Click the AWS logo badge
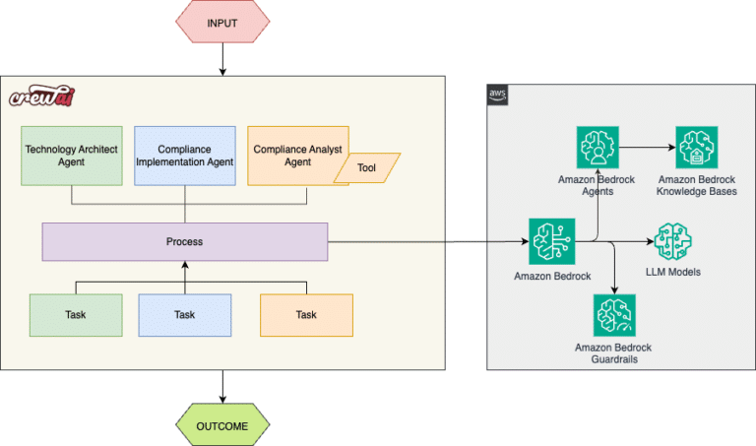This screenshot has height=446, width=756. click(x=497, y=95)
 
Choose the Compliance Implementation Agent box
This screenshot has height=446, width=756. click(x=184, y=155)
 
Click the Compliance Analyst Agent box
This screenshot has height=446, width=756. click(x=290, y=150)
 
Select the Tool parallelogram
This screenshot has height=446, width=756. click(x=366, y=168)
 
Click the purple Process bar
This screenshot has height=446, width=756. click(x=184, y=241)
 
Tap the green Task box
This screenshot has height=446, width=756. click(x=76, y=315)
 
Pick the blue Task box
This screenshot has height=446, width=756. click(x=184, y=315)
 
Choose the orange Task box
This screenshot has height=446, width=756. click(x=306, y=315)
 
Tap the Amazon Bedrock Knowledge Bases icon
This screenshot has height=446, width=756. click(x=697, y=149)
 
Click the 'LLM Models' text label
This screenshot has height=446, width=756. click(x=674, y=273)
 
